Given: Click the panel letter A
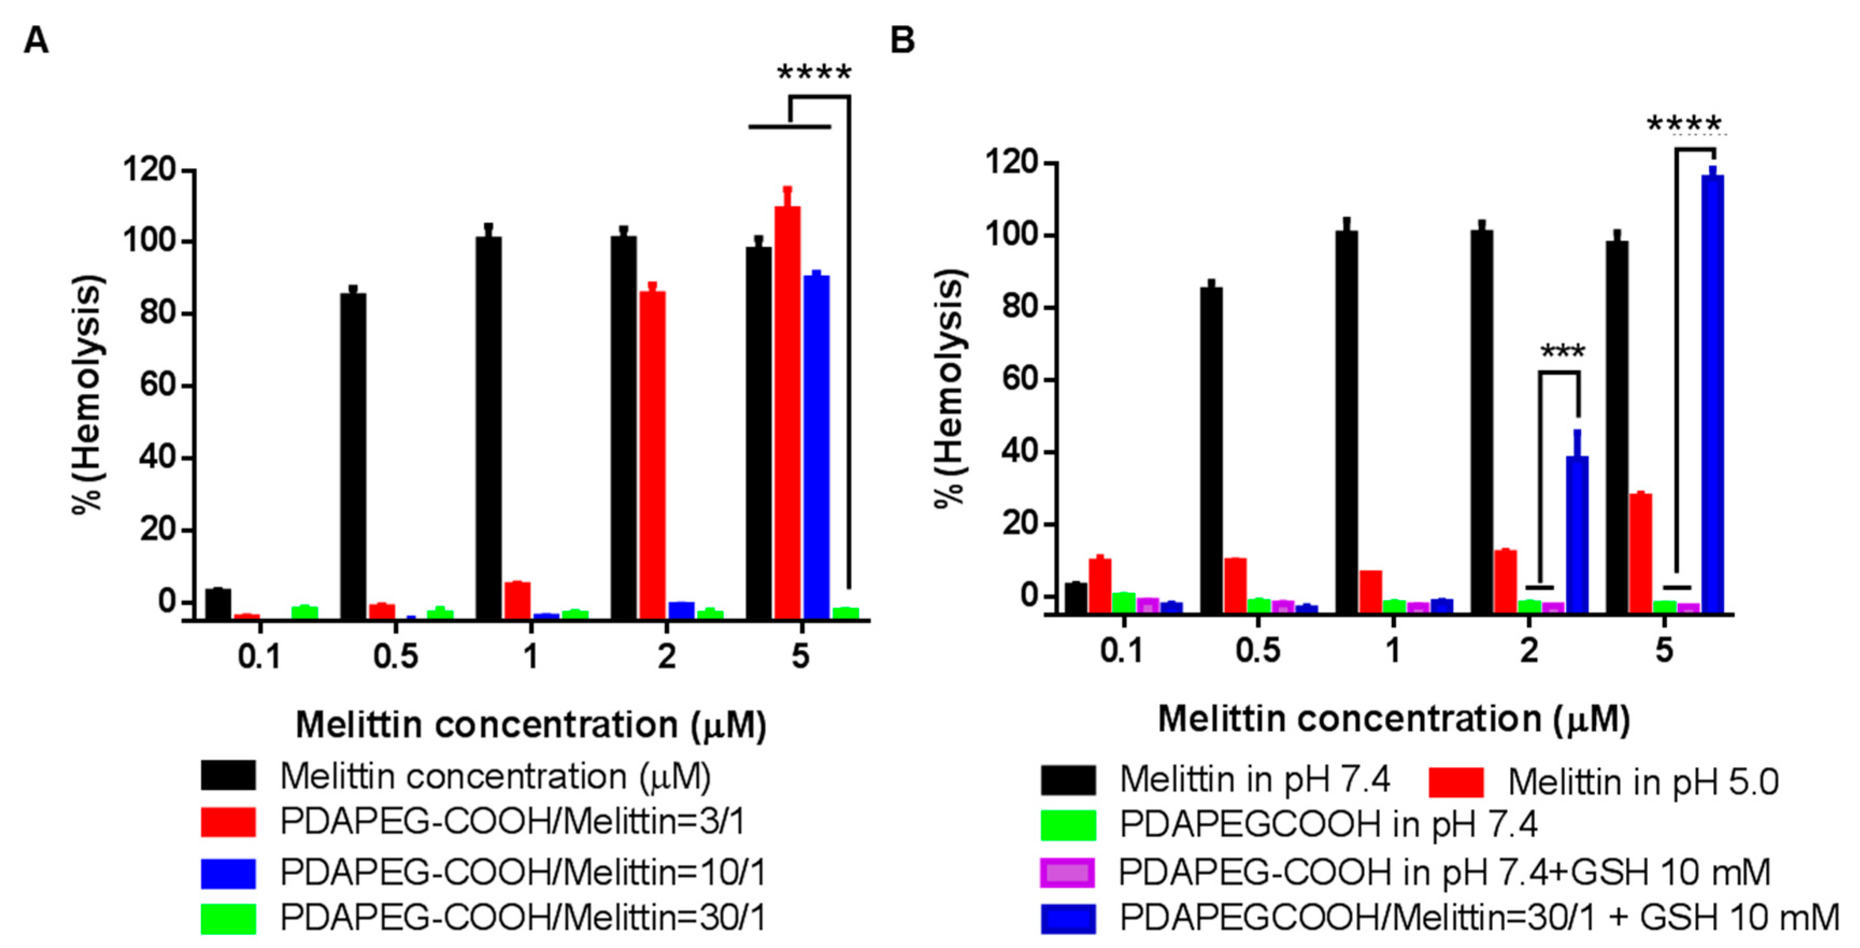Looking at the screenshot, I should pos(36,40).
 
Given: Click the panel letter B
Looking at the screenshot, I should pos(903,40).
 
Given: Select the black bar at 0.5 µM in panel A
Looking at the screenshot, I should pos(353,455).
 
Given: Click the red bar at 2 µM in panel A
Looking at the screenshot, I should pos(652,455).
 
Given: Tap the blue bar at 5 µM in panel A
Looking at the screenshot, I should pos(816,448).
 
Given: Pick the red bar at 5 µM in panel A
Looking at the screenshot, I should pos(787,412).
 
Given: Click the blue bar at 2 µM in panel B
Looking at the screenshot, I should pos(1577,534).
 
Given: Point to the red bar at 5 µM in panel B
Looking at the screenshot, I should pos(1641,552).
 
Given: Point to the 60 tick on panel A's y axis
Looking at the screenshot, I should pos(158,385).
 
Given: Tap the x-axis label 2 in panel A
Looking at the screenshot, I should pos(666,656).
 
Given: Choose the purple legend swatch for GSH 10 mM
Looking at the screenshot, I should pos(1067,873).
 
